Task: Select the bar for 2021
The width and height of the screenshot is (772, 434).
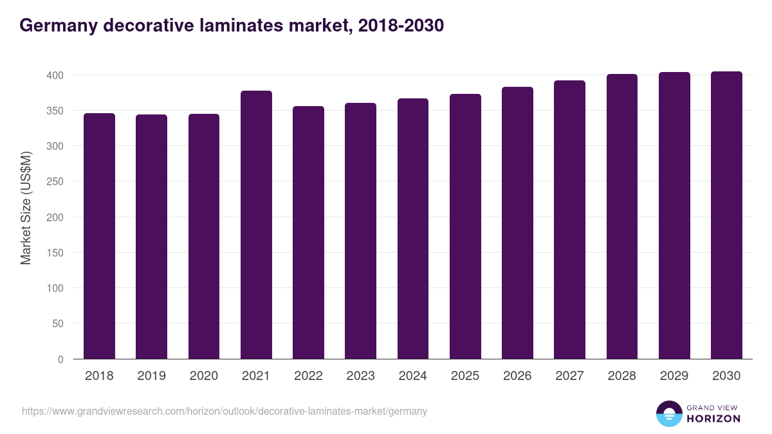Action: pos(256,225)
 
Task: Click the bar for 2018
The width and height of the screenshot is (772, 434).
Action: pos(99,236)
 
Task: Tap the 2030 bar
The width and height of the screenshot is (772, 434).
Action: pos(726,215)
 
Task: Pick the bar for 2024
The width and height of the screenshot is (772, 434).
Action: pos(413,229)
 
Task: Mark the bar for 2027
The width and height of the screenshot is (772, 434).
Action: pos(569,220)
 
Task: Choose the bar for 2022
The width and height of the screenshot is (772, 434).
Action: pos(308,233)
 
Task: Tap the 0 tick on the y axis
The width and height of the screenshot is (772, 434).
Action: pos(61,359)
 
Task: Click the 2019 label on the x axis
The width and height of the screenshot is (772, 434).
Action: pos(151,376)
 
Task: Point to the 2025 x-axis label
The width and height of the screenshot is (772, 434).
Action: pos(465,376)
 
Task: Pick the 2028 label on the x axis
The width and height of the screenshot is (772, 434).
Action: pos(622,376)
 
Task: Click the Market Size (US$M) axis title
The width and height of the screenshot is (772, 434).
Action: pos(26,208)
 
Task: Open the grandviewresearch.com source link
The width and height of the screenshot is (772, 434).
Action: pos(225,411)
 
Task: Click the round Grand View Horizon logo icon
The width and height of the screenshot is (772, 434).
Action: pos(668,413)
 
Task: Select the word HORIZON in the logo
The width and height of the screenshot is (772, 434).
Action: pos(713,419)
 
